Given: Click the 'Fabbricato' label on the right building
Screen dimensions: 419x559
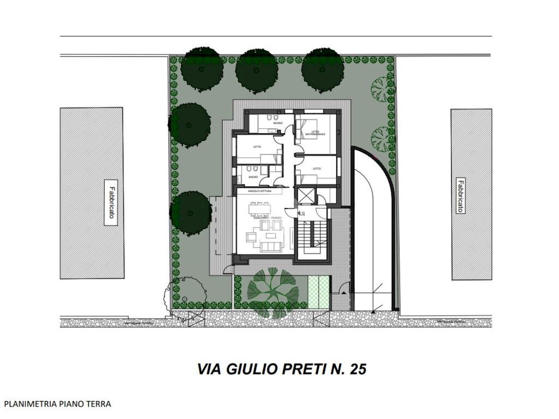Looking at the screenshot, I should pos(461,196).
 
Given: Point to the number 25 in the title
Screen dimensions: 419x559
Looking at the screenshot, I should pos(356,369).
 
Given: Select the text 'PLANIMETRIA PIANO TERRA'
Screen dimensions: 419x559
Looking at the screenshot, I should pos(57,404).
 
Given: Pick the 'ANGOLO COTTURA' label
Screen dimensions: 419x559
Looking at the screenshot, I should pos(259,191).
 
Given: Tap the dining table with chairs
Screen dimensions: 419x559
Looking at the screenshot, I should pos(261,208).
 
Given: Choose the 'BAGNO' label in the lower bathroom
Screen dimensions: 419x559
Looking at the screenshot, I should pos(253,177).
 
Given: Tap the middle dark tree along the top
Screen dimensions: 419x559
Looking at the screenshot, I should pos(257,70).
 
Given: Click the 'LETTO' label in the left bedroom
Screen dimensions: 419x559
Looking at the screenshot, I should pos(257,147).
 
